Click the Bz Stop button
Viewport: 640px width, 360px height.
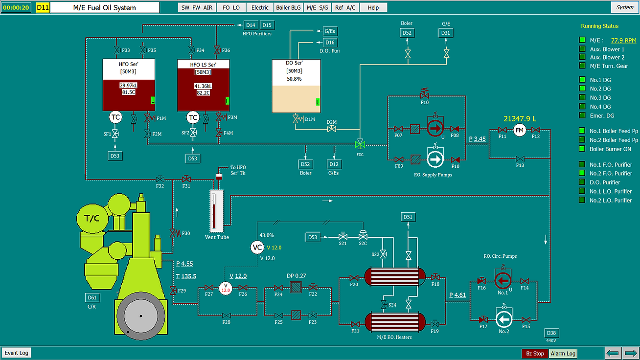(535, 354)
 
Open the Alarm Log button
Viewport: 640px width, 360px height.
(563, 354)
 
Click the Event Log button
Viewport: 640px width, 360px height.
(17, 353)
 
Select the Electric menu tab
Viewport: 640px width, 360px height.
(260, 8)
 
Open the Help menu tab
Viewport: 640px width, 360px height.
(373, 8)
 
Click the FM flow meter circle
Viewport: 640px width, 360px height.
(519, 130)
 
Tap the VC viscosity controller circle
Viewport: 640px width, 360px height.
(257, 247)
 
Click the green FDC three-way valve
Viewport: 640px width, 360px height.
(360, 144)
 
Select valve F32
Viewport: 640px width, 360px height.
(160, 180)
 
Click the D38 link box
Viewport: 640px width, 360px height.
(551, 333)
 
